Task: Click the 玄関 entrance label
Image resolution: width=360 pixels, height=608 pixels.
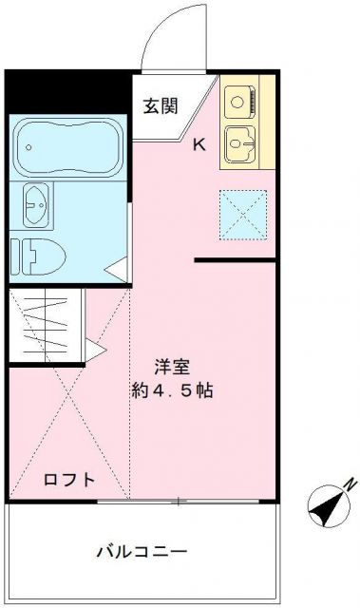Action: (x=161, y=106)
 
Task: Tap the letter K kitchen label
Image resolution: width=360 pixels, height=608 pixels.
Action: (x=200, y=145)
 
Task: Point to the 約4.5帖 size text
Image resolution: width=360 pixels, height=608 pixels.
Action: (x=171, y=390)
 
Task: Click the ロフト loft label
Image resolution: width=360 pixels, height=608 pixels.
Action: (x=69, y=480)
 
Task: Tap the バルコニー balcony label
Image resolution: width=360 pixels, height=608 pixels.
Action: (x=142, y=552)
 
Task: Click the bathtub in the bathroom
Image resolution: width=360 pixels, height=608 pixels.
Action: (x=66, y=145)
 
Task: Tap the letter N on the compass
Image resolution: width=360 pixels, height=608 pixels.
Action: (x=350, y=484)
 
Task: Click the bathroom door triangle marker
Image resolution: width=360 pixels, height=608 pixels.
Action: (x=117, y=269)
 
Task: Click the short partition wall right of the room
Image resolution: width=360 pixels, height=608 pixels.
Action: (x=235, y=258)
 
